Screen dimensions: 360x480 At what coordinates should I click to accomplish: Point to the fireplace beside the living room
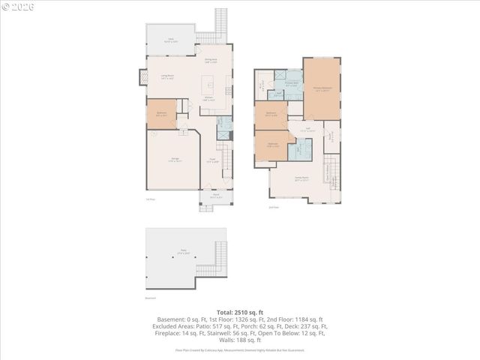click(143, 77)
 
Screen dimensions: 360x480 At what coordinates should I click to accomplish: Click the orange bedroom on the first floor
click(161, 114)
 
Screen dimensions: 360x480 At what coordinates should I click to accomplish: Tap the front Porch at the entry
click(215, 198)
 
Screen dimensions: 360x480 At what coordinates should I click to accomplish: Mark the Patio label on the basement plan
click(182, 250)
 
